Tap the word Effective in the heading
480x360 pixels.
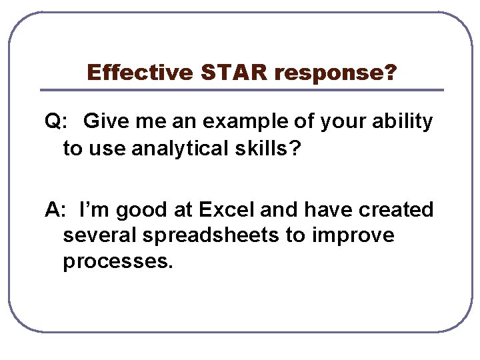click(x=140, y=72)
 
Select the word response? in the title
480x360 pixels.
click(x=335, y=72)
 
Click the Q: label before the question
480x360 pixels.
click(x=56, y=122)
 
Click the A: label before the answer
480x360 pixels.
click(x=55, y=210)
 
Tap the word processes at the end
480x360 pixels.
click(x=117, y=261)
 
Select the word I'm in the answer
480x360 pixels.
click(x=93, y=210)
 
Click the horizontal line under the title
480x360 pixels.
click(x=241, y=90)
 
